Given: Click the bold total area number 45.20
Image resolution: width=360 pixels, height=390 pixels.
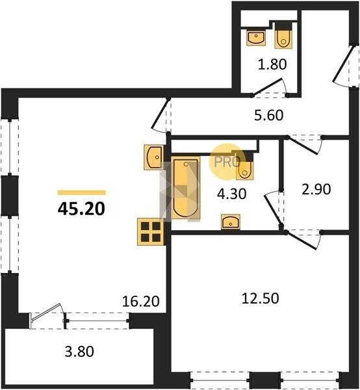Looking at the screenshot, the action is tap(81, 209).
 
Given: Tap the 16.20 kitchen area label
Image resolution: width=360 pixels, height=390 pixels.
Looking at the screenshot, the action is tap(141, 301).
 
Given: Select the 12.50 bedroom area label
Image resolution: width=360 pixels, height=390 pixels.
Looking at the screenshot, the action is tap(261, 298).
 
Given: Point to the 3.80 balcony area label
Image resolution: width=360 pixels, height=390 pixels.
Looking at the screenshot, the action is tap(79, 352).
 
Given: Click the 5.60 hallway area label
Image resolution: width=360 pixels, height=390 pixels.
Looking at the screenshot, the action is tap(269, 115).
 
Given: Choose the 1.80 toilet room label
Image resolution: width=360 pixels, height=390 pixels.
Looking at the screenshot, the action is tap(272, 64).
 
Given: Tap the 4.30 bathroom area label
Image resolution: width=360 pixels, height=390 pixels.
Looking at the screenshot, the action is tap(232, 194).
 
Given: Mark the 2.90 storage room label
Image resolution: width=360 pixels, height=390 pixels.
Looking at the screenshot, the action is tap(316, 189).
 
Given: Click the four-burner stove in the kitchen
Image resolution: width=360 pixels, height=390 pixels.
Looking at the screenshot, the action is tap(151, 232).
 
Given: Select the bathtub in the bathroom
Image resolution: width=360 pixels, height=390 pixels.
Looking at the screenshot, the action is tap(186, 188).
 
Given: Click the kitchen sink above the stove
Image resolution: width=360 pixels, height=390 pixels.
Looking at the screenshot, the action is tap(153, 157).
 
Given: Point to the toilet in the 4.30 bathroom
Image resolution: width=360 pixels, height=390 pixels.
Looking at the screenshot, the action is tap(245, 168).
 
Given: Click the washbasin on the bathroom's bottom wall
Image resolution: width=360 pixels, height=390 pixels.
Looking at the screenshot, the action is tap(231, 222).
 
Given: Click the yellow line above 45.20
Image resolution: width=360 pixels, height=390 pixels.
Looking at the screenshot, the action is tap(82, 192).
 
